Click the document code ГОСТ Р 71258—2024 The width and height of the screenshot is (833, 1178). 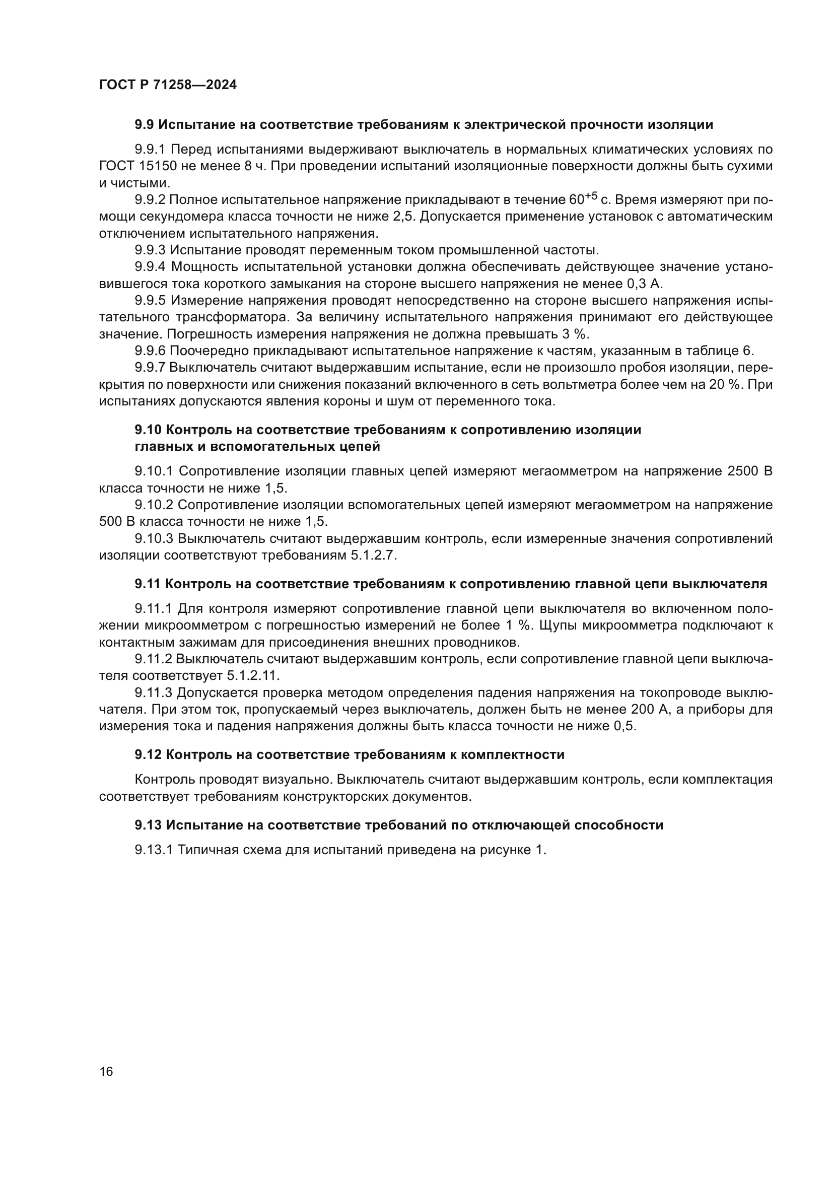point(168,85)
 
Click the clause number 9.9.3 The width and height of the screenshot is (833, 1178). point(150,250)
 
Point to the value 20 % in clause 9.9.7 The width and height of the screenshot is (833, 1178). point(723,385)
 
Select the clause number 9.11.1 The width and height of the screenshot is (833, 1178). point(154,608)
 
